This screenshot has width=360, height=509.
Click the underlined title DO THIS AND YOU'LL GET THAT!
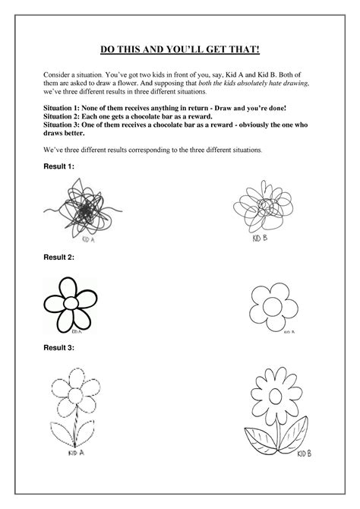[x=180, y=49]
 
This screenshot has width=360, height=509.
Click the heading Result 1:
[x=58, y=166]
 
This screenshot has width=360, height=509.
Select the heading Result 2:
[x=58, y=258]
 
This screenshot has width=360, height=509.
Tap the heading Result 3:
[x=58, y=348]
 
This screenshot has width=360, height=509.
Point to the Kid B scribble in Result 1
[x=264, y=206]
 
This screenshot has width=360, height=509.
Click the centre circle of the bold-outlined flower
[x=71, y=303]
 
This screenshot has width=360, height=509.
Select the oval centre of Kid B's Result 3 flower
[x=275, y=396]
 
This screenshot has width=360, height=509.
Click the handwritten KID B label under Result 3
[x=304, y=454]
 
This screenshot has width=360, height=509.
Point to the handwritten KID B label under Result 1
[x=260, y=239]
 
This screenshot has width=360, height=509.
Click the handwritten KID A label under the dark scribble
[x=89, y=239]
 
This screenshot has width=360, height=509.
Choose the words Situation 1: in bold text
[x=62, y=108]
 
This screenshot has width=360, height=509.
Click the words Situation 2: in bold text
[x=62, y=116]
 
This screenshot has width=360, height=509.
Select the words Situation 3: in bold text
[x=62, y=125]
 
